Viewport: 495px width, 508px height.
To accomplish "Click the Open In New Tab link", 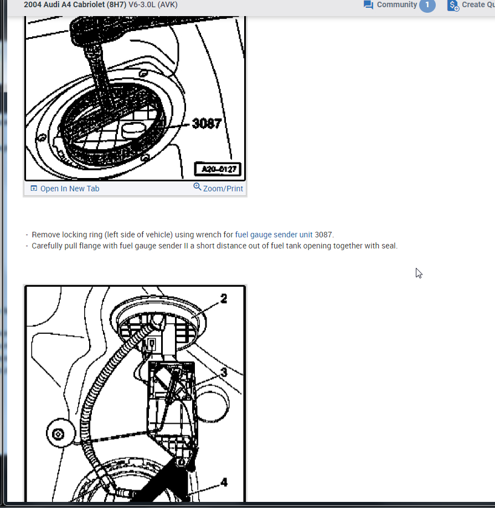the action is (70, 189).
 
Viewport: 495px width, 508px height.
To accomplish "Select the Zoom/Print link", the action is (223, 189).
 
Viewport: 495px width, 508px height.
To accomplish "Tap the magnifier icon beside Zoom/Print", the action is (197, 187).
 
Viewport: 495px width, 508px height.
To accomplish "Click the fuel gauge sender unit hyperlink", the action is (274, 235).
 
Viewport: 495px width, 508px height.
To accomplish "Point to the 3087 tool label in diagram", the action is (207, 124).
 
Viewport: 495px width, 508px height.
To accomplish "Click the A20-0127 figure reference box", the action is (218, 169).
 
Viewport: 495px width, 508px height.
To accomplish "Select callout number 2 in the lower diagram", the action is (224, 299).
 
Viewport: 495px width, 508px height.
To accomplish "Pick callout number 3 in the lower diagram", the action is (224, 373).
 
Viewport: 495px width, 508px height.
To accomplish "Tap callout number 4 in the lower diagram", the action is (224, 482).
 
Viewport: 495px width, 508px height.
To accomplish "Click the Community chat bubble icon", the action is (368, 5).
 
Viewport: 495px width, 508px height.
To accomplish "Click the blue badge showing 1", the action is (427, 5).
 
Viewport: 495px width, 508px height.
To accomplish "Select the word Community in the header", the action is (397, 4).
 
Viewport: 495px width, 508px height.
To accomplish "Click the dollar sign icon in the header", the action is (453, 6).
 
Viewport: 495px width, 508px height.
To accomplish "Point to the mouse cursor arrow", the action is (419, 273).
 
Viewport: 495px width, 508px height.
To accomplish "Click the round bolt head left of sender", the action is (58, 434).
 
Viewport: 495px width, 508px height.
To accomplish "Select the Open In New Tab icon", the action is (34, 188).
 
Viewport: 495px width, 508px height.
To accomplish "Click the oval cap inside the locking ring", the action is (133, 130).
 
